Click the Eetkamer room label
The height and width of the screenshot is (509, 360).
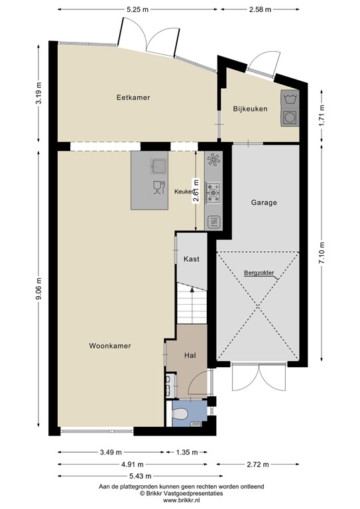(x=133, y=97)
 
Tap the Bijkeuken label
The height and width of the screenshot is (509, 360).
(x=250, y=109)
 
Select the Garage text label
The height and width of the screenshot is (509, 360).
(x=264, y=203)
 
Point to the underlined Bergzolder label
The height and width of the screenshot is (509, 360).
(x=259, y=272)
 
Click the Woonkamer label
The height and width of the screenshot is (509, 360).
(x=109, y=346)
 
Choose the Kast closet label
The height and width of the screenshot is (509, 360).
(x=192, y=259)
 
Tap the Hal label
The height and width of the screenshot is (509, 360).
(x=190, y=356)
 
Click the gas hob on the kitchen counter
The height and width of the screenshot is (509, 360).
(x=214, y=192)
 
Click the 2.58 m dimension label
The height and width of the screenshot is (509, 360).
(x=263, y=9)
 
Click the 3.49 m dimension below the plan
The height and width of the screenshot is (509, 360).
(x=109, y=453)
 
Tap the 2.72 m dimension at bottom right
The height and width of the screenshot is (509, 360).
(x=259, y=465)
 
